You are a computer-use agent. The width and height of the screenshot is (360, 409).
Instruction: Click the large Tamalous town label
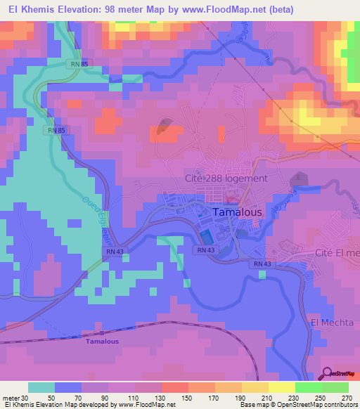coord(238,211)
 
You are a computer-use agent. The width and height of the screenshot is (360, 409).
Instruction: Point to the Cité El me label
coord(337,252)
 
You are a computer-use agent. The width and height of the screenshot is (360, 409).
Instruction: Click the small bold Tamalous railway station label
coord(102,342)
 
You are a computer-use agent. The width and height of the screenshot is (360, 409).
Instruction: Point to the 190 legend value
coord(241,397)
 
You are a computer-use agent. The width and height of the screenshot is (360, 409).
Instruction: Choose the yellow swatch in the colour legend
coord(281,387)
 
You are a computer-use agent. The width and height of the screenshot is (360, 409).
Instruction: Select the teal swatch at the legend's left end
coord(41,387)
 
